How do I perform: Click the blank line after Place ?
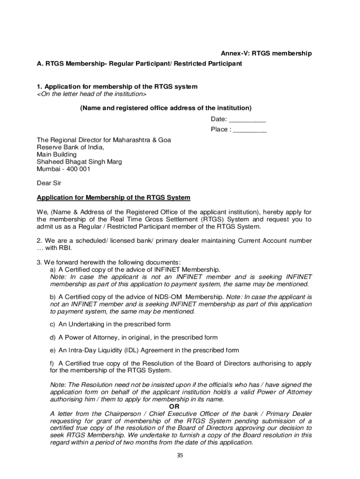[250, 130]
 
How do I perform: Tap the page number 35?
[180, 457]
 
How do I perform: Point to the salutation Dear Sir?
[49, 183]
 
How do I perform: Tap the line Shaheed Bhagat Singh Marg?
[79, 161]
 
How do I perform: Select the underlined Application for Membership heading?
[114, 198]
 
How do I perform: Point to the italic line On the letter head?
[92, 94]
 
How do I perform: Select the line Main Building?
[57, 154]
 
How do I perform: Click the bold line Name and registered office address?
[166, 108]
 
